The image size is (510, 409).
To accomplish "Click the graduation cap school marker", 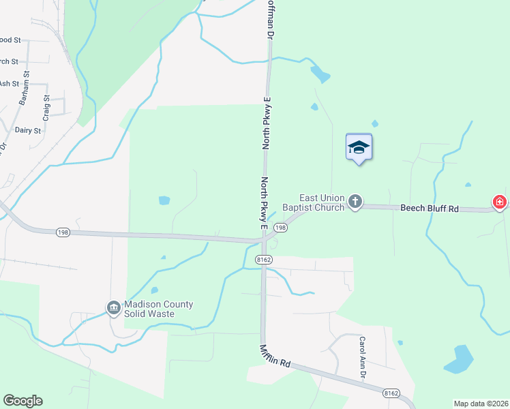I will tap(359, 147).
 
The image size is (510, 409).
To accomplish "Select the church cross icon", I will tap(355, 201).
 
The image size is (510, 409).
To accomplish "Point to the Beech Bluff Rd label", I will tap(429, 208).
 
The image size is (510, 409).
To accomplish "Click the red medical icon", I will tap(500, 202).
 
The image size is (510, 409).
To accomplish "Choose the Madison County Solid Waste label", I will tap(158, 309).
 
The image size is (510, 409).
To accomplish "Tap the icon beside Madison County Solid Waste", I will tap(113, 309).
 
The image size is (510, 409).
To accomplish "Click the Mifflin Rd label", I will tap(275, 357).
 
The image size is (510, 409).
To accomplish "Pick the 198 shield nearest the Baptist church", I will tap(280, 228).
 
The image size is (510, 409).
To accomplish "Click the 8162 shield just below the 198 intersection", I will tap(265, 260).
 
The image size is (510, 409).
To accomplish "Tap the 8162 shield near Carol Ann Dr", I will tap(391, 393).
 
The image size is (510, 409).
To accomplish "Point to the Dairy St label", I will tap(28, 130).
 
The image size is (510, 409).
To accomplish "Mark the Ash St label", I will tap(9, 84).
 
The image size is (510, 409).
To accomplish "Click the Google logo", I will tap(22, 401).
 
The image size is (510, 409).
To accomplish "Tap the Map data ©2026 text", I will tap(481, 404).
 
